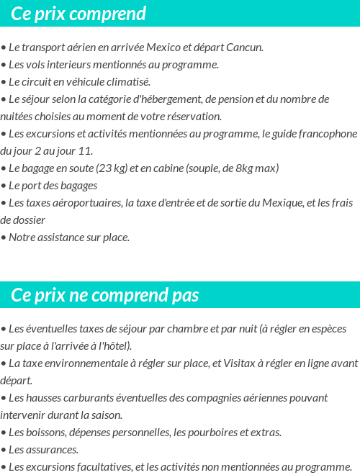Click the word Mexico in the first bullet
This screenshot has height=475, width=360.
[x=163, y=47]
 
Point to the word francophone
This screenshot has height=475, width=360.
[x=329, y=134]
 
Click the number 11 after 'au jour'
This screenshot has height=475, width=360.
[x=86, y=151]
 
